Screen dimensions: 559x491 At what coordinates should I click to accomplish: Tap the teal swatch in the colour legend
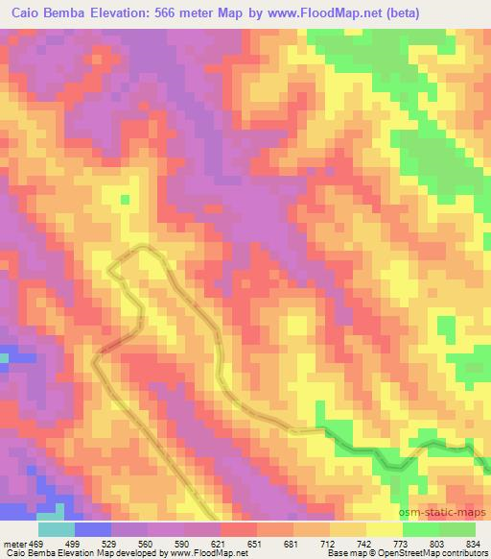tap(56, 529)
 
